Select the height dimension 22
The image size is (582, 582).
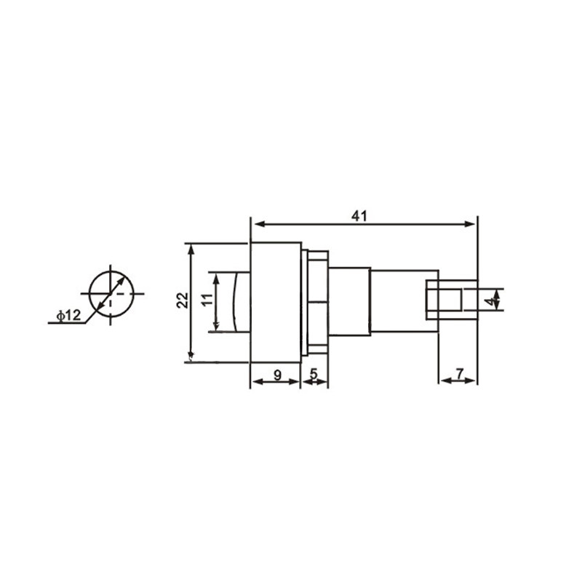(x=183, y=300)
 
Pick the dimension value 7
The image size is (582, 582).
(x=459, y=374)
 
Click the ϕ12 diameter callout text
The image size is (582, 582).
(x=68, y=315)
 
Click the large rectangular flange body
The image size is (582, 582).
(x=275, y=301)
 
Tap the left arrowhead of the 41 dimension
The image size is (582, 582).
(x=255, y=224)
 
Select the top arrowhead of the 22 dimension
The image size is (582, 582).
(x=191, y=248)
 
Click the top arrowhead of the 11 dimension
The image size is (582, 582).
(x=215, y=277)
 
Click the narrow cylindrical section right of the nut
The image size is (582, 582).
(x=349, y=301)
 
